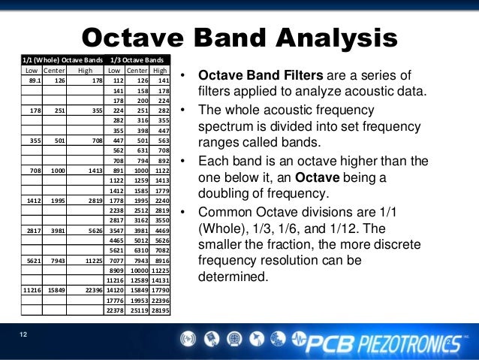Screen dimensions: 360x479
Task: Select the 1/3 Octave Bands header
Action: pyautogui.click(x=137, y=59)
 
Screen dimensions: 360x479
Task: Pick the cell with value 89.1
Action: pyautogui.click(x=35, y=80)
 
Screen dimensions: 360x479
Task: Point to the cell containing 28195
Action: pyautogui.click(x=159, y=310)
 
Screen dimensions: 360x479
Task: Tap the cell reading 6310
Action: pyautogui.click(x=138, y=251)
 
